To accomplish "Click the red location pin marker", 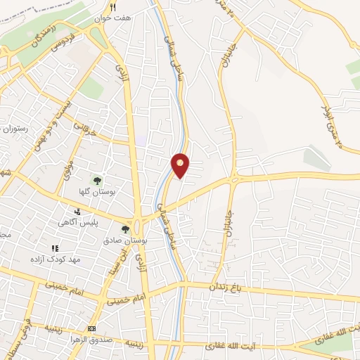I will pos(181,165).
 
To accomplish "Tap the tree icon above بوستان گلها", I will pos(97,180).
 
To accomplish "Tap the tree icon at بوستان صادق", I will pos(125,229).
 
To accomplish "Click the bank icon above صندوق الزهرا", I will pos(91,328).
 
